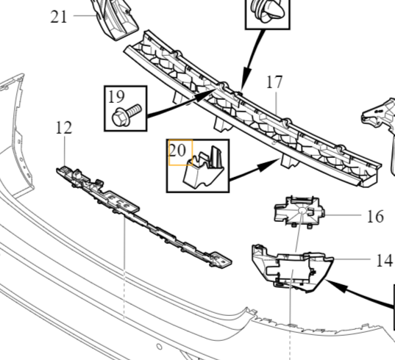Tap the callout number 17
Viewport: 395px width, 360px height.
pos(274,82)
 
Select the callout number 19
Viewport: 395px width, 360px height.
pos(116,96)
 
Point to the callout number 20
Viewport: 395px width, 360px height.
pos(177,150)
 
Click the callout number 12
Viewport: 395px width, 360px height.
pos(64,127)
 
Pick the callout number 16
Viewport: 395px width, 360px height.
pos(375,216)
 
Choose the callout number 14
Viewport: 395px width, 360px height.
pos(383,259)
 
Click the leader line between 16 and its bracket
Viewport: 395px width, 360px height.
pos(345,216)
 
